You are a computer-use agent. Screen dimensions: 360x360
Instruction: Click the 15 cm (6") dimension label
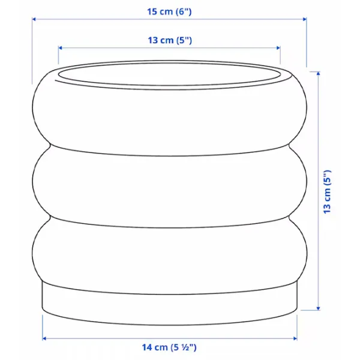(x=169, y=11)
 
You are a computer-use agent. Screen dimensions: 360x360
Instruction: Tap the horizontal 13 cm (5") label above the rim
(x=170, y=40)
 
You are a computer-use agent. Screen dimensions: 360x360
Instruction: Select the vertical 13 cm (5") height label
(x=327, y=192)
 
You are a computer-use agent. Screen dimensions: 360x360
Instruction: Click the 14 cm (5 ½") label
(x=169, y=347)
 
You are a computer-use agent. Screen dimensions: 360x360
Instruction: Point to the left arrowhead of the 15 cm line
(x=34, y=19)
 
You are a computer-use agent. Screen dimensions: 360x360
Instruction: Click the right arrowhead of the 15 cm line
(x=305, y=19)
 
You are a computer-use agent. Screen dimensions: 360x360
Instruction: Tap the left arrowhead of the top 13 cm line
(x=60, y=48)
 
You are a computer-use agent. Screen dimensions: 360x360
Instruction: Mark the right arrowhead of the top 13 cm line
(x=278, y=48)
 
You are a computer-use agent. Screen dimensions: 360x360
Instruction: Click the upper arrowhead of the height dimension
(x=318, y=73)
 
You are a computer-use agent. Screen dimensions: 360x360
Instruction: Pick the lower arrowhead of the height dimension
(x=318, y=308)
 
